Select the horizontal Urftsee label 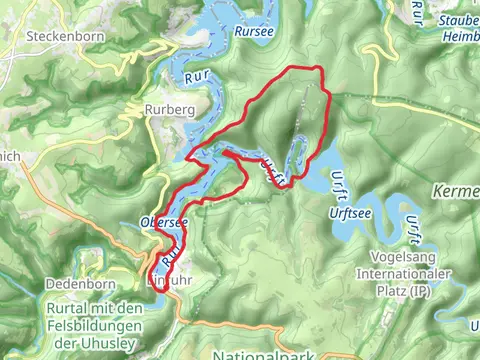[x=343, y=213]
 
